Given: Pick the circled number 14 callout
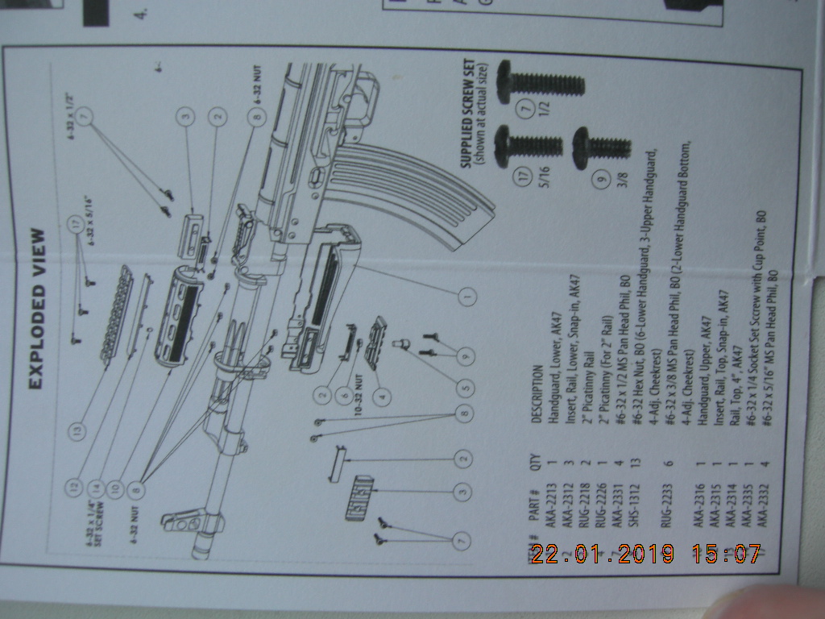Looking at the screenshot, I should (97, 486).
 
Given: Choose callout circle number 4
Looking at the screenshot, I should (381, 396).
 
